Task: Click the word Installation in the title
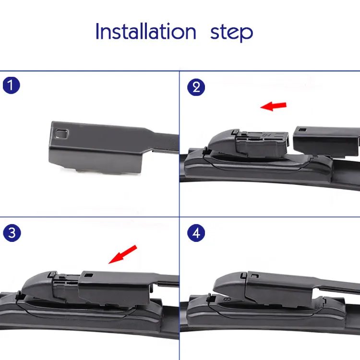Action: click(x=146, y=31)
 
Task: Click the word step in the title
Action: click(x=231, y=33)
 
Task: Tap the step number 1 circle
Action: click(x=11, y=85)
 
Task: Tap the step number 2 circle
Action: click(x=196, y=87)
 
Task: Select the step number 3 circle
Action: click(x=12, y=233)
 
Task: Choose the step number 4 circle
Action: click(x=196, y=233)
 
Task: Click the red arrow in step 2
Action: click(x=273, y=106)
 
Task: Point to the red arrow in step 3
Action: click(x=122, y=254)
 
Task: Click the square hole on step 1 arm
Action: click(x=62, y=133)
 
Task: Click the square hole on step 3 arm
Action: click(x=89, y=275)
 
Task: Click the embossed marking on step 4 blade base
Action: click(x=227, y=300)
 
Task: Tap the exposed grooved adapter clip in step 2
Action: click(x=262, y=144)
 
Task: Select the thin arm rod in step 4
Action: click(x=337, y=287)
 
